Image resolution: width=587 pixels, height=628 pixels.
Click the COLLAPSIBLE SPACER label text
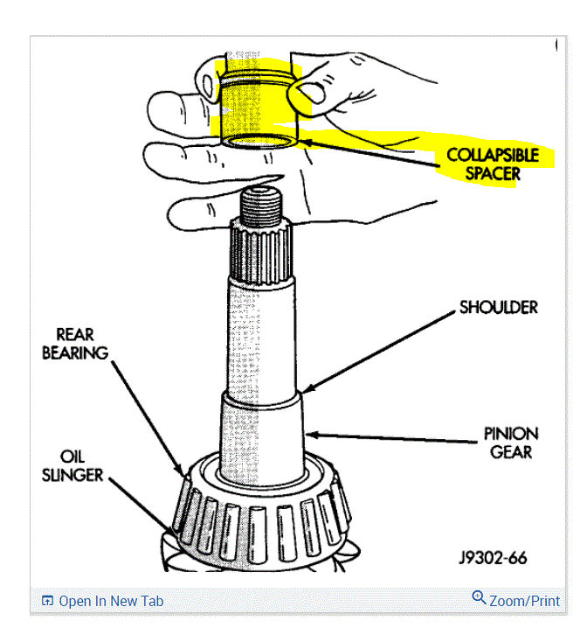point(492,164)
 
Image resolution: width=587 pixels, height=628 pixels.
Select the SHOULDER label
point(498,308)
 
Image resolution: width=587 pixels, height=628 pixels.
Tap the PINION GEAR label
point(512,443)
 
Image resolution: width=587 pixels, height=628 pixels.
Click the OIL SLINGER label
point(81,465)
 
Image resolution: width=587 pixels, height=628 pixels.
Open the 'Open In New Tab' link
point(110,601)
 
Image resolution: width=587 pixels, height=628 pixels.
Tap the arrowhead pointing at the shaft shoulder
point(306,389)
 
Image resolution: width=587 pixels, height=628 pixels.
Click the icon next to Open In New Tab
point(48,601)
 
